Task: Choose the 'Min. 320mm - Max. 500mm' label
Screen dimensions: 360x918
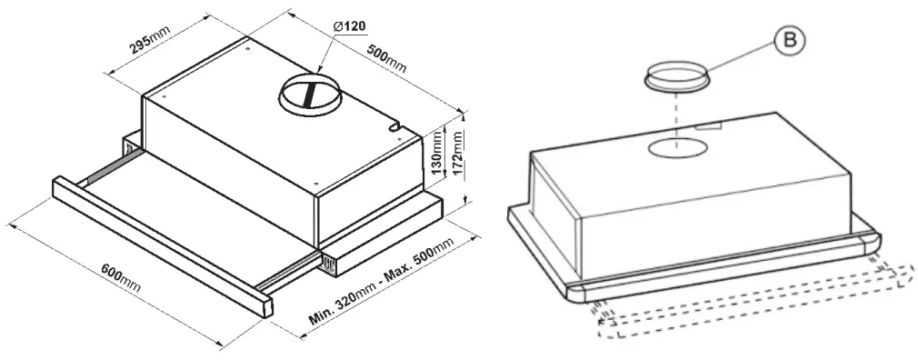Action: [382, 285]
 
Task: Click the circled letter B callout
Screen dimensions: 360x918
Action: [787, 40]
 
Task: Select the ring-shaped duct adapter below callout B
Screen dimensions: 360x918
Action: [678, 77]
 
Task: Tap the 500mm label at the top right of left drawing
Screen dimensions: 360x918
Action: [387, 58]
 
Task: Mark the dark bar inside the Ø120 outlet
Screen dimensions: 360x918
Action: [311, 95]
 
